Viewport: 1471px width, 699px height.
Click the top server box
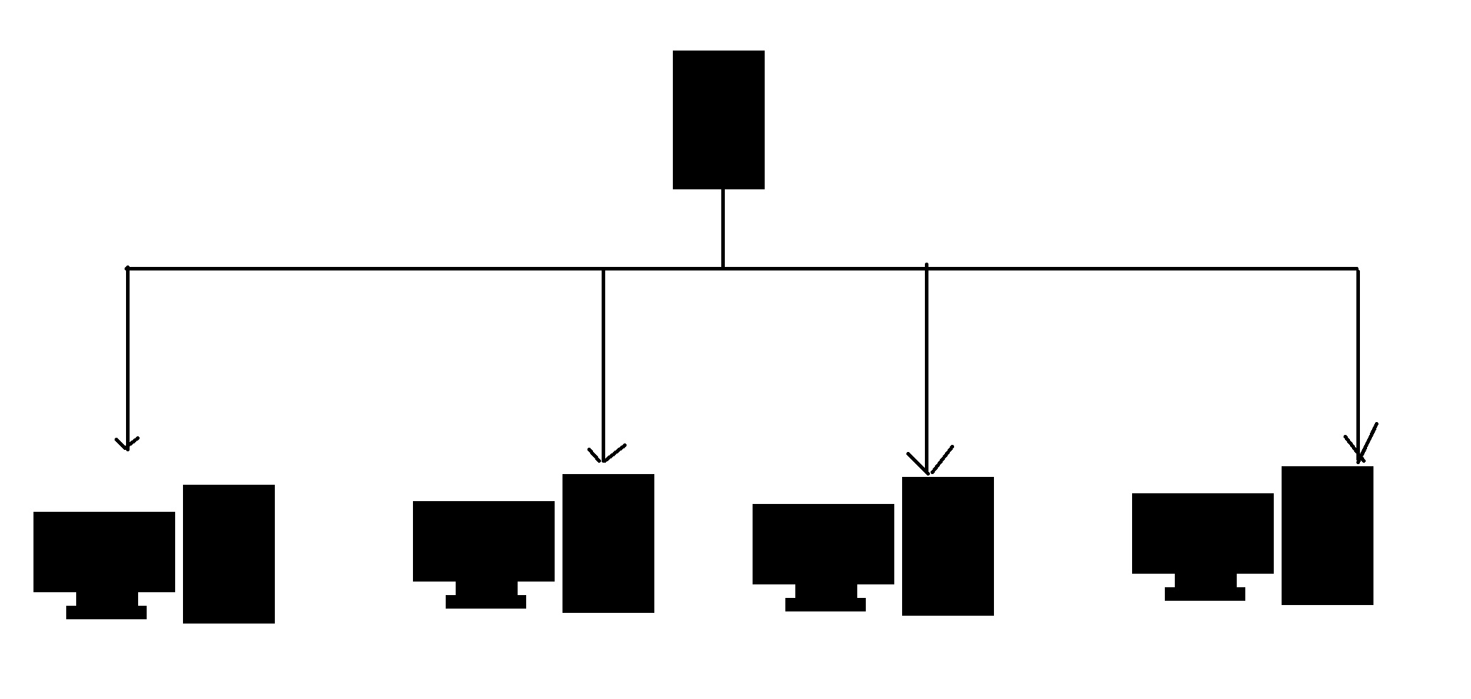coord(718,120)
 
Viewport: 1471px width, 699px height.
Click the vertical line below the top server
coord(723,228)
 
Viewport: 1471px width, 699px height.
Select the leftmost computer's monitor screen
coord(104,551)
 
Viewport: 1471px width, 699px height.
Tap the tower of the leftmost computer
coord(229,554)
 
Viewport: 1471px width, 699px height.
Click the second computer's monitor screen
coord(483,541)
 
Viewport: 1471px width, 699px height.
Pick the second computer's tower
coord(608,543)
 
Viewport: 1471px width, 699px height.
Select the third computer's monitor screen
coord(823,544)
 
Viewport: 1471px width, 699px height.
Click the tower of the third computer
coord(948,546)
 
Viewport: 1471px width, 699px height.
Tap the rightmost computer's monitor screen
coord(1203,533)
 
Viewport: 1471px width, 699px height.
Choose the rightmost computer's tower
coord(1327,535)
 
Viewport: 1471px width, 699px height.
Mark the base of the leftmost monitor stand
coord(106,612)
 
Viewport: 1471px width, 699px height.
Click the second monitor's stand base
coord(486,601)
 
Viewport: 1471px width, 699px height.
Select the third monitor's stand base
coord(825,604)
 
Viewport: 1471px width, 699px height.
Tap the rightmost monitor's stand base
coord(1205,594)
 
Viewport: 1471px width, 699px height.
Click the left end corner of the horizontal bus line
coord(127,269)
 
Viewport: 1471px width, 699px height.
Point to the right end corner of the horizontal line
coord(1357,269)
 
